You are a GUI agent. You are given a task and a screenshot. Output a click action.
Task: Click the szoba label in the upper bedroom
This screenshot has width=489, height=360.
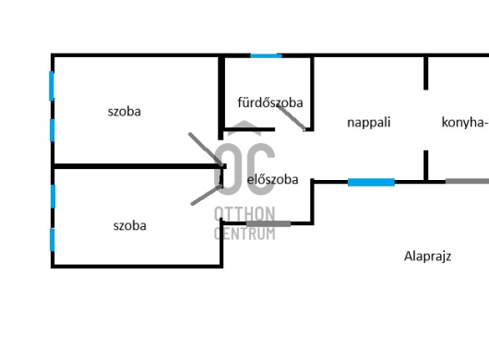point(125,112)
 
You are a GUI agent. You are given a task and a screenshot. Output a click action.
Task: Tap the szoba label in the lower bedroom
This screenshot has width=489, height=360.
point(130,226)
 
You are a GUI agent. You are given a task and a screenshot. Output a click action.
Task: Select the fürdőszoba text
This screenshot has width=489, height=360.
point(270,102)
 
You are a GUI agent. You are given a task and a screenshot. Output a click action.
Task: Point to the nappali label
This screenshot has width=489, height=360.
point(369,122)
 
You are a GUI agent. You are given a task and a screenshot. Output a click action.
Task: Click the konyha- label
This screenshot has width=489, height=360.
point(465,122)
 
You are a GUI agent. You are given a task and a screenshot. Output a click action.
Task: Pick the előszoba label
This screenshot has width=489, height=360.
point(272,179)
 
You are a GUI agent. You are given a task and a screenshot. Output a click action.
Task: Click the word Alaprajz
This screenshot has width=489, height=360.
point(427,257)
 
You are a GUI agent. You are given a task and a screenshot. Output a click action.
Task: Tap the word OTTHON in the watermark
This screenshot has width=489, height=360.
point(244,213)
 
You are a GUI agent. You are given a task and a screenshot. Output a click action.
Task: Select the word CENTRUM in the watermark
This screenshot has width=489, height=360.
point(244,234)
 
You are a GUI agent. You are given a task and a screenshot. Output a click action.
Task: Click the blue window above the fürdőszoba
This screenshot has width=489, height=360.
point(266,55)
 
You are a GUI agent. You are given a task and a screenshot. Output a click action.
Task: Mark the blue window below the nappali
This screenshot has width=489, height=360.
point(371,182)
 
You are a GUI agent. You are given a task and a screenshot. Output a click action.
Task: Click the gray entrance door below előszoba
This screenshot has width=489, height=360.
point(268,223)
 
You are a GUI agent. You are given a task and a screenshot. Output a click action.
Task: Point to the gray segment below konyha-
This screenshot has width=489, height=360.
point(467,181)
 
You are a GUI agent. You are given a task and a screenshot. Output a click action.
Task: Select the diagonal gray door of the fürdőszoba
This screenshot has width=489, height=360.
point(291,117)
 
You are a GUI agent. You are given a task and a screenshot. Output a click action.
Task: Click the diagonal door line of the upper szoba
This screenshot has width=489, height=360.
point(206,150)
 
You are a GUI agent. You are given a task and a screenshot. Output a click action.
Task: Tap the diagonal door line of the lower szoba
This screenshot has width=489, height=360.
point(207,195)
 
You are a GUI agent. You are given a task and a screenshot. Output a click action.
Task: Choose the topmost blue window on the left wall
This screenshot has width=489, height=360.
point(52,86)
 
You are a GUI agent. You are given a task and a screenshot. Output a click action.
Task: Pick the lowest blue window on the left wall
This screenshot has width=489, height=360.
point(52,240)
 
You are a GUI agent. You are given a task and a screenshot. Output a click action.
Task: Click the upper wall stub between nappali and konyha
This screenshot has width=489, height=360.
point(425,74)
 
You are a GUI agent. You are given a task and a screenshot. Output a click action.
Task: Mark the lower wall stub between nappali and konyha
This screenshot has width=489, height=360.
point(425,165)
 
